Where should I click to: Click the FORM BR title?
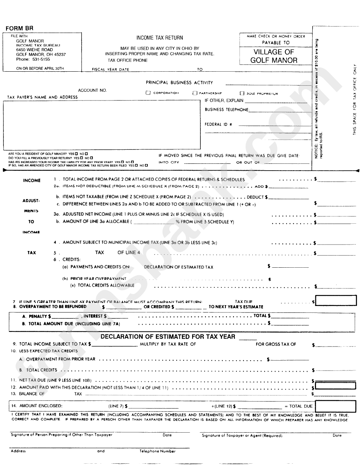pyautogui.click(x=19, y=28)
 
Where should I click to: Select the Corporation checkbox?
pyautogui.click(x=149, y=93)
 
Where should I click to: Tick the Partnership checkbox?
pyautogui.click(x=195, y=93)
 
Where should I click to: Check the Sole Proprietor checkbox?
pyautogui.click(x=241, y=93)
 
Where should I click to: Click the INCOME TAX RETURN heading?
pyautogui.click(x=160, y=38)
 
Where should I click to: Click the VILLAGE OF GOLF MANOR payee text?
pyautogui.click(x=274, y=56)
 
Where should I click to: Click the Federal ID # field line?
pyautogui.click(x=273, y=124)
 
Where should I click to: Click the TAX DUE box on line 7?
pyautogui.click(x=335, y=301)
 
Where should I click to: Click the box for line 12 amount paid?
pyautogui.click(x=335, y=386)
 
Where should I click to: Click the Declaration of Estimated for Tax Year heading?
pyautogui.click(x=168, y=337)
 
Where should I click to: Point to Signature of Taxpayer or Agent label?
pyautogui.click(x=242, y=436)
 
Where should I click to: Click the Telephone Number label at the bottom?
pyautogui.click(x=157, y=452)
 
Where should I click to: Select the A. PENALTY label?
pyautogui.click(x=37, y=316)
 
